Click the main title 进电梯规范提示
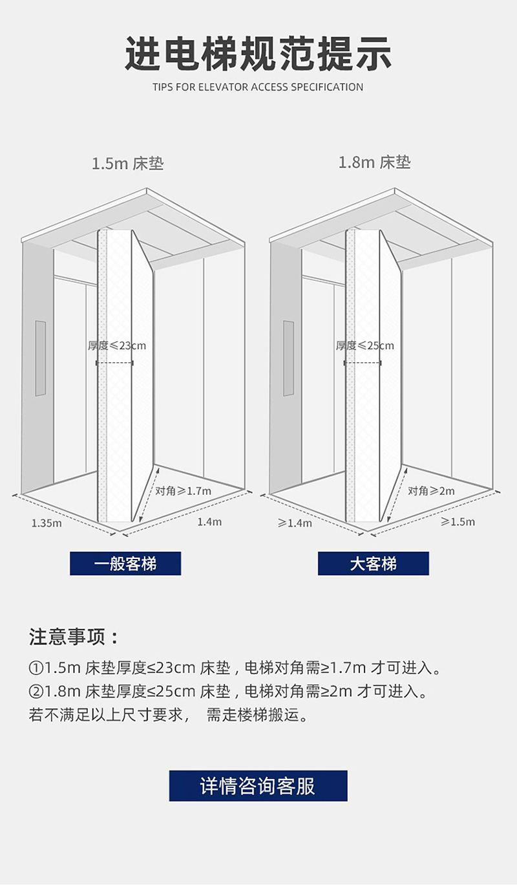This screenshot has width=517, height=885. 258,54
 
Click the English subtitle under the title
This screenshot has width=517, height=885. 258,87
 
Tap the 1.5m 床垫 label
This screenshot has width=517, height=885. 127,163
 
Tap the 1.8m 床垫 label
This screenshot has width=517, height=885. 375,162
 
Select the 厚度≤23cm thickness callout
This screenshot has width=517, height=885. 117,345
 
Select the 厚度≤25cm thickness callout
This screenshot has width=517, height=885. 364,345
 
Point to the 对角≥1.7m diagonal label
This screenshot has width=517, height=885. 184,490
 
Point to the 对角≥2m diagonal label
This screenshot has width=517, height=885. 431,490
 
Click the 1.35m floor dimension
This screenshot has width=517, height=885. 47,523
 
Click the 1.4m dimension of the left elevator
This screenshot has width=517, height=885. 209,521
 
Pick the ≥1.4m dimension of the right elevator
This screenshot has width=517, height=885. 295,523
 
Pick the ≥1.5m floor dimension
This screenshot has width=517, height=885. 458,521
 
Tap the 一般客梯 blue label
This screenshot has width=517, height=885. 125,563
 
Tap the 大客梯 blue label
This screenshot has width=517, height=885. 373,563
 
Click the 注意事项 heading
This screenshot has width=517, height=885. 74,637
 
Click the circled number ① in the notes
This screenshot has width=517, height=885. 36,667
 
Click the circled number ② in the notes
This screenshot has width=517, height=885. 36,691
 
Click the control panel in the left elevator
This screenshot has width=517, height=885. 40,358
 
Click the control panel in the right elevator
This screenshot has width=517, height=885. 288,358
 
